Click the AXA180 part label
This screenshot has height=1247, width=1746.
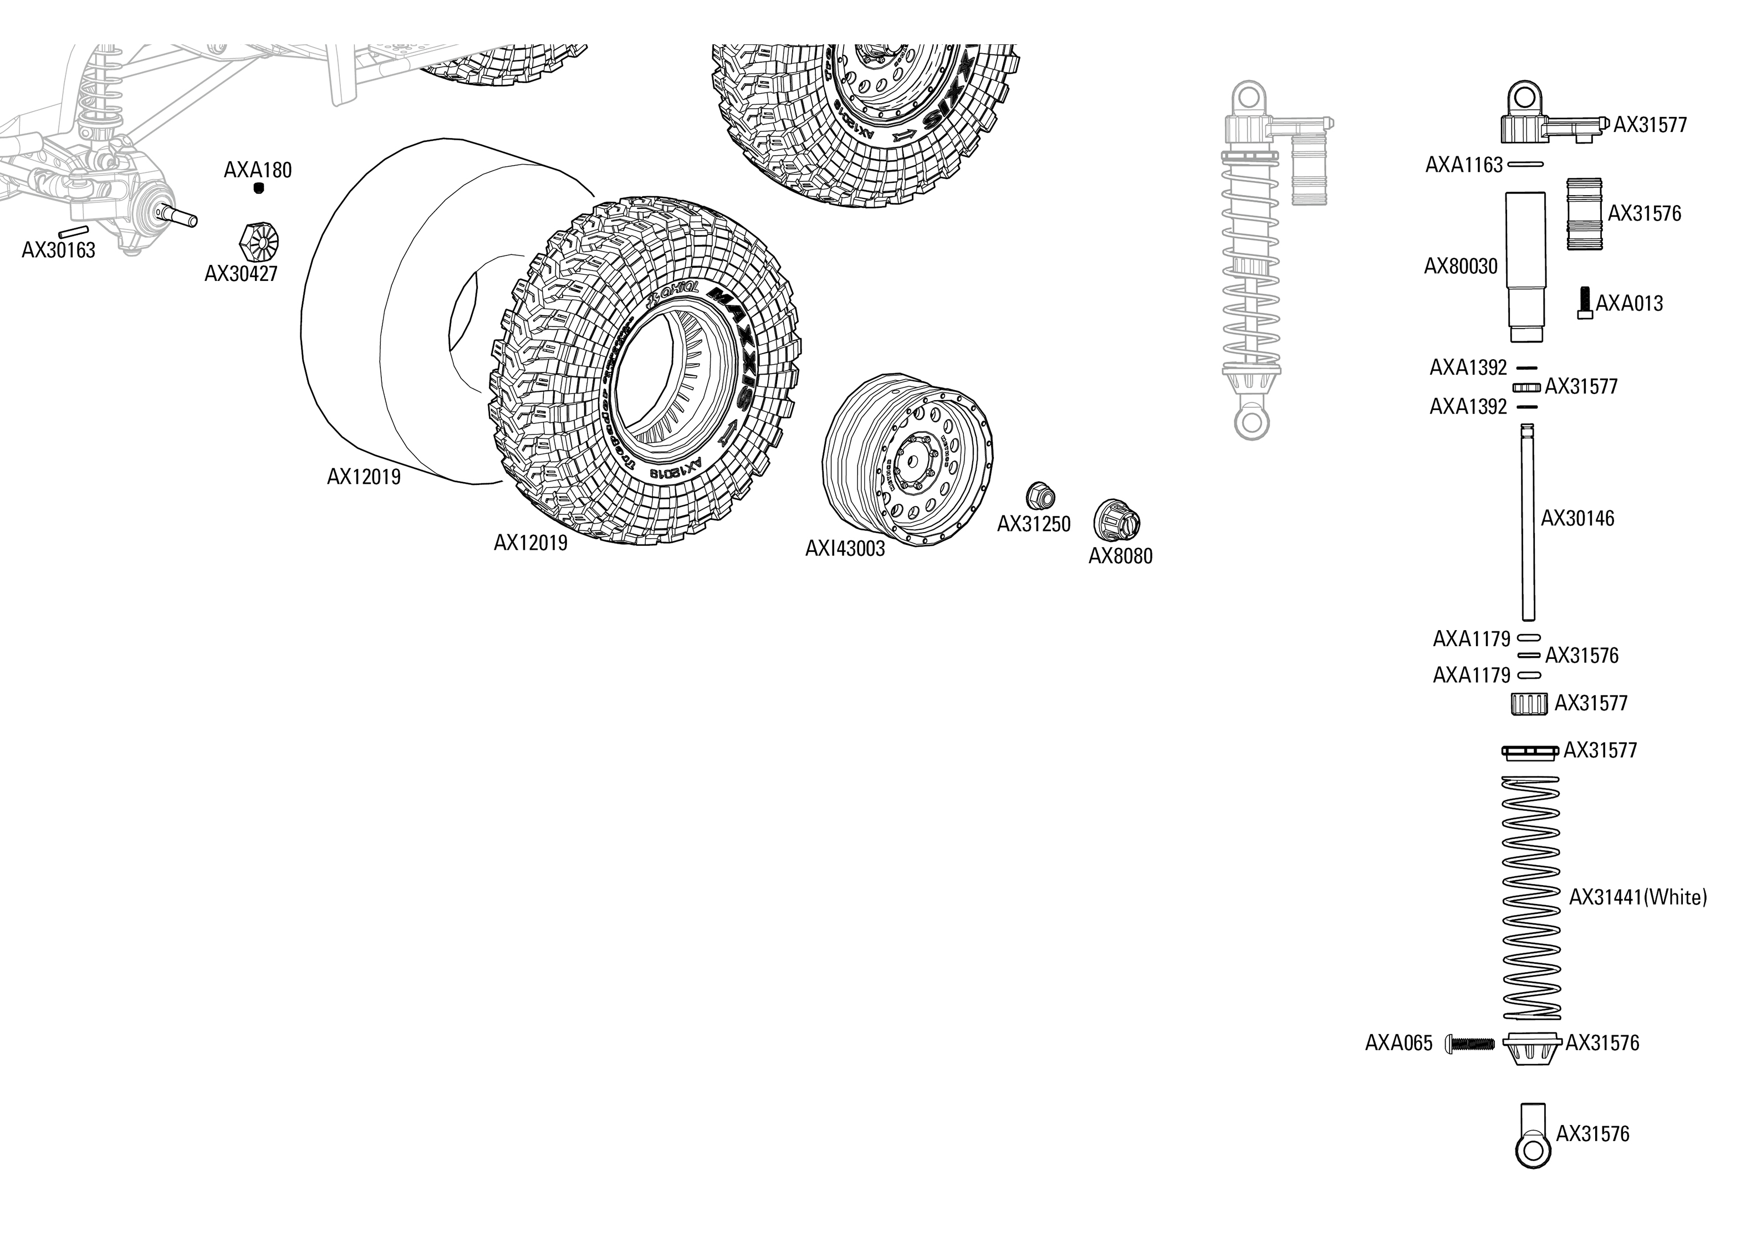[x=257, y=170]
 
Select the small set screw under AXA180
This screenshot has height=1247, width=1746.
[x=259, y=188]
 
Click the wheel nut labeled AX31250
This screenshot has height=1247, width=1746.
[x=1040, y=495]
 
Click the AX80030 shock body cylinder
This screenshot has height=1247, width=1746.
[x=1524, y=265]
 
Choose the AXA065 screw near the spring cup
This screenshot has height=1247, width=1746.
[x=1469, y=1042]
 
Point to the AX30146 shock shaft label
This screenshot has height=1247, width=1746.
[x=1577, y=518]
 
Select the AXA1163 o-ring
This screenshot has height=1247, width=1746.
[x=1525, y=164]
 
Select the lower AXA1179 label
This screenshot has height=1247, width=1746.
[x=1471, y=675]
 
